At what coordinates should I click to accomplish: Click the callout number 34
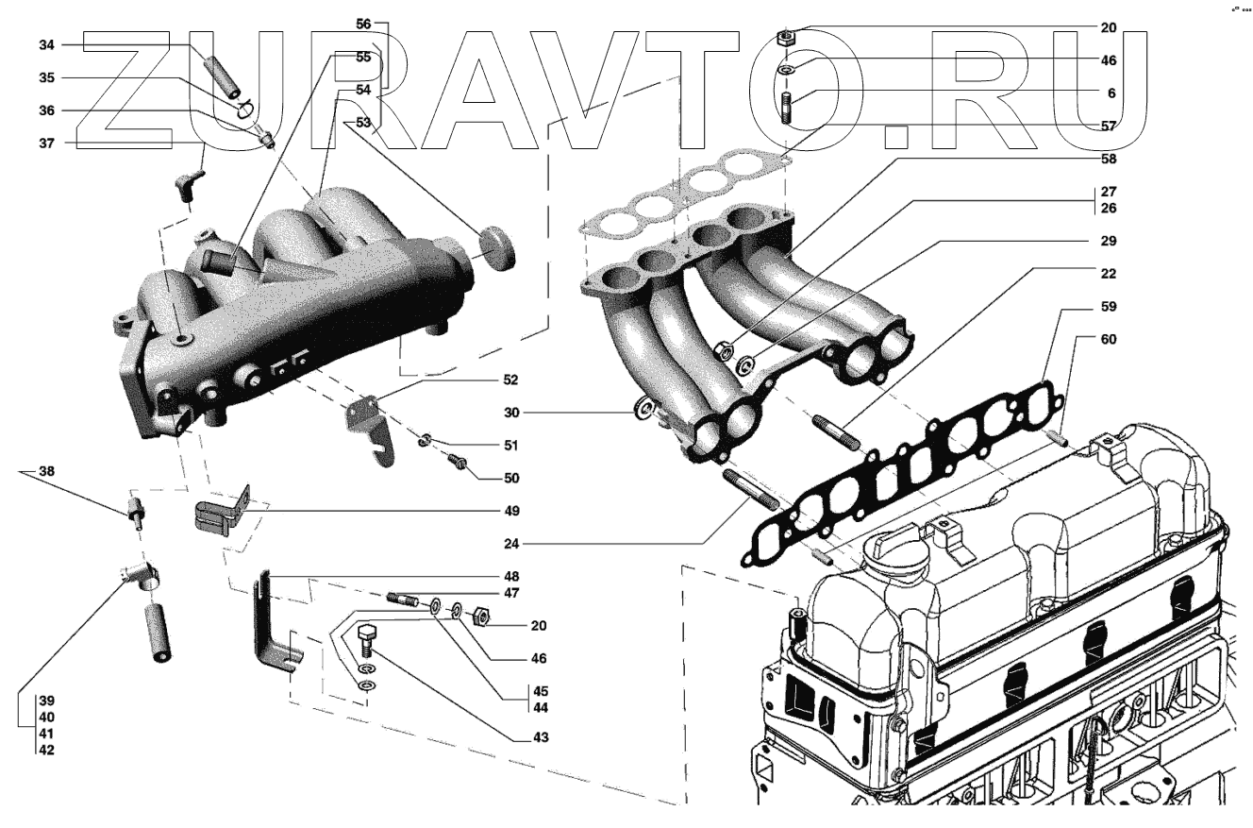46,45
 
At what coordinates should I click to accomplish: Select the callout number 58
1110,159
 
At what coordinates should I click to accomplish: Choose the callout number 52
510,380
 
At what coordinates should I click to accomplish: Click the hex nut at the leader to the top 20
783,38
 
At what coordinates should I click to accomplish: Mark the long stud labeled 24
751,487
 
